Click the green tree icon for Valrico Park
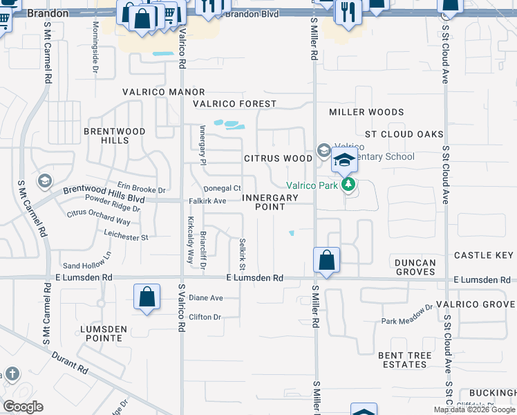(x=350, y=184)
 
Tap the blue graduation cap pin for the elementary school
(x=344, y=160)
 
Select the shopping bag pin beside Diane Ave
(x=147, y=297)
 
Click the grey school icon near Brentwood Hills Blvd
(x=45, y=181)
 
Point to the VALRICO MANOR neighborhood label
(x=164, y=92)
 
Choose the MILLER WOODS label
(x=366, y=112)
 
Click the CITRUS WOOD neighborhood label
(x=279, y=158)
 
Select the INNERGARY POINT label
(x=270, y=202)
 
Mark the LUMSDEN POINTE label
(x=105, y=334)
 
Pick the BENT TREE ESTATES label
(x=404, y=360)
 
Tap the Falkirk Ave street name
(x=207, y=201)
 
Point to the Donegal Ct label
(x=222, y=188)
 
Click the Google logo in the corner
(x=23, y=407)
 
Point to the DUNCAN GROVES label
(x=415, y=268)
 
